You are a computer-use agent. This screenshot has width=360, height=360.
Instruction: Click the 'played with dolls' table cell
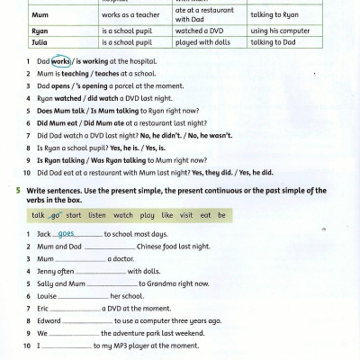(x=197, y=41)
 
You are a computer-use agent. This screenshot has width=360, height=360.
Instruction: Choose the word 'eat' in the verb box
(x=206, y=216)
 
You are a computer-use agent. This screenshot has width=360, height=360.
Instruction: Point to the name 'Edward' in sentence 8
(x=49, y=320)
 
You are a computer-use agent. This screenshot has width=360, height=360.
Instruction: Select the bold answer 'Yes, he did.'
(x=256, y=172)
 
